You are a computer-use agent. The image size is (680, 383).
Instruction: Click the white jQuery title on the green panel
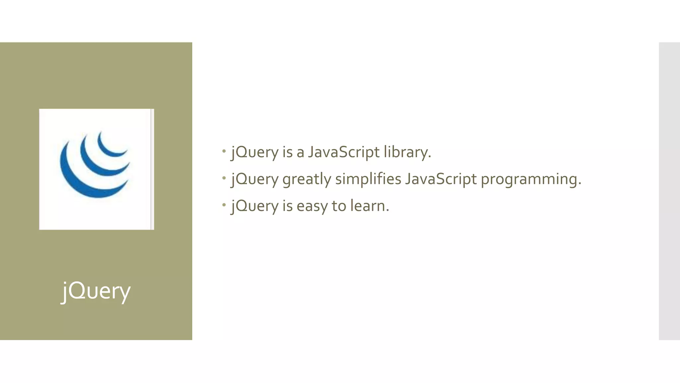pos(96,291)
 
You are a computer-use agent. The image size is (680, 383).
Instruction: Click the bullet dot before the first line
pos(224,151)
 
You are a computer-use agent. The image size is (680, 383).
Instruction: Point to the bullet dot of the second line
pos(224,178)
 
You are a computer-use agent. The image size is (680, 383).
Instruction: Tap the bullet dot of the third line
pos(224,205)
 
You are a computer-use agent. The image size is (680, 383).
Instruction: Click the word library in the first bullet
pos(407,152)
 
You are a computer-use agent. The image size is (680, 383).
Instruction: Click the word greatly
pos(306,180)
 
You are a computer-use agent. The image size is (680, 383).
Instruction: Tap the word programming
pos(531,180)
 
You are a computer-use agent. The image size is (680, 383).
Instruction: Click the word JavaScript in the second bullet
pos(441,180)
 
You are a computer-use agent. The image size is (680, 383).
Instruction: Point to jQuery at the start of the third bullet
pos(255,206)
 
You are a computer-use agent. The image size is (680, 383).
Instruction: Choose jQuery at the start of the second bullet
pos(255,180)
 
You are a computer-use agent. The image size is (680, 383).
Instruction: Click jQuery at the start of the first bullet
pos(255,153)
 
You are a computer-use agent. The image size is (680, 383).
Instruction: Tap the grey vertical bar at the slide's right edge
pos(669,191)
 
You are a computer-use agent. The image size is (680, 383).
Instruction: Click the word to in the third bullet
pos(339,206)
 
